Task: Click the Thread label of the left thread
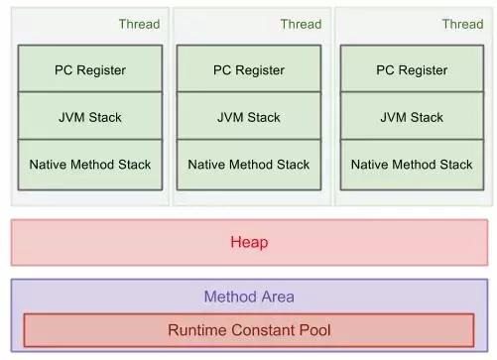139,24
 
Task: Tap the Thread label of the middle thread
301,24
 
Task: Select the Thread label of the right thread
462,24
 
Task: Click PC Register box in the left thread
90,69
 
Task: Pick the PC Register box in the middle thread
249,69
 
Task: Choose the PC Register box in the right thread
412,69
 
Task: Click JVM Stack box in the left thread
90,117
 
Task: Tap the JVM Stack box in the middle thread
249,117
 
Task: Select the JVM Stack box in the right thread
412,117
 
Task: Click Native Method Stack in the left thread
90,165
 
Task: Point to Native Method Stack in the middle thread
249,165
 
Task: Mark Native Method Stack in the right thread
412,165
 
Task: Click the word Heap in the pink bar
249,242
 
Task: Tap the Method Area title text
249,297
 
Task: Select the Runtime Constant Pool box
249,329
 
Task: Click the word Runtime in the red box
195,329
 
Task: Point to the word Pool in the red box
314,329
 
